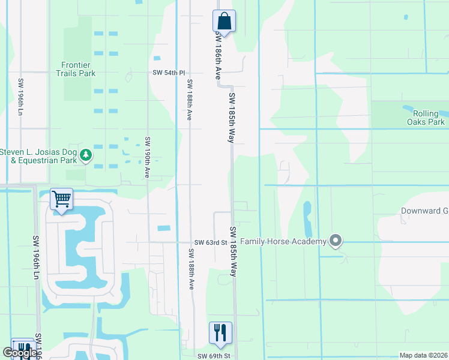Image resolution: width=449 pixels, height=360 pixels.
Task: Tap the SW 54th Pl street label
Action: point(166,73)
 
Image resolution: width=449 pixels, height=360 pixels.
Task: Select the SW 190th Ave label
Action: point(147,157)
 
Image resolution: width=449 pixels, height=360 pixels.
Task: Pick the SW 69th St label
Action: point(214,356)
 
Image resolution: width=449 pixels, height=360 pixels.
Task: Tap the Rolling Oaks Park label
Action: point(429,118)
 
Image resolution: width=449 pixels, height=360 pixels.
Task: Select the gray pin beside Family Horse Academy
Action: point(336,241)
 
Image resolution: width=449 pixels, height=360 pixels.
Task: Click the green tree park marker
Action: point(86,155)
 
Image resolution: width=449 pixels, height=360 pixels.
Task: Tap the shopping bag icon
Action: point(224,21)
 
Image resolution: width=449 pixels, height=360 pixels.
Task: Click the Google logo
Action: point(20,353)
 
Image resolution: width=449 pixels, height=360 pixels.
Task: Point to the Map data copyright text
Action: point(423,355)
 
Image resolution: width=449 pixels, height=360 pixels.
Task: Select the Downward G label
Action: point(424,211)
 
